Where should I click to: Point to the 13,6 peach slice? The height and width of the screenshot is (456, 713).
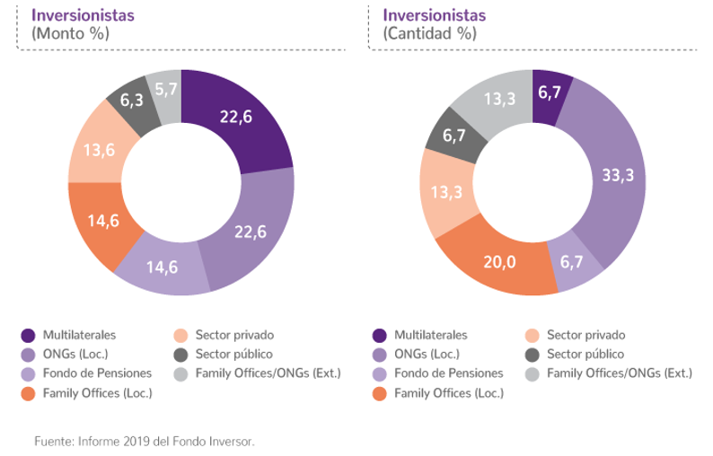pyautogui.click(x=99, y=149)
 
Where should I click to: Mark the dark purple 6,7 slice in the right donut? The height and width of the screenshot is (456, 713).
pyautogui.click(x=550, y=91)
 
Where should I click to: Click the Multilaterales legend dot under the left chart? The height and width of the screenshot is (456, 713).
pyautogui.click(x=27, y=335)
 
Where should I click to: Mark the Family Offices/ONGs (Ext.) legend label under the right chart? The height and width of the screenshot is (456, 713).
pyautogui.click(x=620, y=373)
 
